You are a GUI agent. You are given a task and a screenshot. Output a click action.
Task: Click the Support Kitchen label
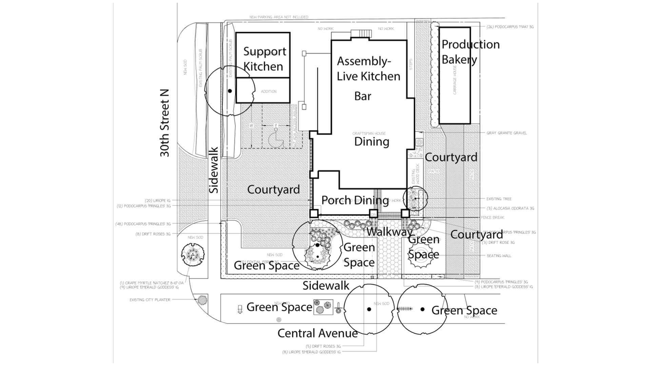click(264, 59)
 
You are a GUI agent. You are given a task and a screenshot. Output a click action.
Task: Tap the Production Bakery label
click(470, 52)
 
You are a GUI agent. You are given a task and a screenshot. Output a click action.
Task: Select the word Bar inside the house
click(362, 96)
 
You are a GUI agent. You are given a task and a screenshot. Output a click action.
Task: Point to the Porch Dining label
click(355, 200)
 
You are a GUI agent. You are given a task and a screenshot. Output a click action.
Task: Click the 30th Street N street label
click(165, 123)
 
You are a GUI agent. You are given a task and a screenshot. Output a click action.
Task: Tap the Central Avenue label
click(317, 333)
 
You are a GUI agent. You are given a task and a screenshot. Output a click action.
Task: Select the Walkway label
click(390, 232)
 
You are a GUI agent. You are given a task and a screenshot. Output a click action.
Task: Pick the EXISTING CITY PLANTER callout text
click(150, 300)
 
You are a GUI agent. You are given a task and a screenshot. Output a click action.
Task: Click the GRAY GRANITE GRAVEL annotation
click(507, 133)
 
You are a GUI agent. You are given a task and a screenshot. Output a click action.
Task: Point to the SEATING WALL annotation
click(498, 256)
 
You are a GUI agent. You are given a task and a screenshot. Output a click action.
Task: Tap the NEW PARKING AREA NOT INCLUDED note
click(279, 17)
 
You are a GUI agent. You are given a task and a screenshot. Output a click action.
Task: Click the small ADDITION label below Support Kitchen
click(269, 91)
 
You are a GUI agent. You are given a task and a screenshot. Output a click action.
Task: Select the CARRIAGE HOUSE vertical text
click(455, 80)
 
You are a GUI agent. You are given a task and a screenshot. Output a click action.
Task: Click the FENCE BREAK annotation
click(493, 218)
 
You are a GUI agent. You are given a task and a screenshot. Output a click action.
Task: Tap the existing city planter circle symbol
click(202, 300)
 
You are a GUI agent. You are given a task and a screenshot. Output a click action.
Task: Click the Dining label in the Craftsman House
click(372, 142)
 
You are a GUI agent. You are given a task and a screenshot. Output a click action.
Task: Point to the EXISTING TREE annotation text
click(499, 199)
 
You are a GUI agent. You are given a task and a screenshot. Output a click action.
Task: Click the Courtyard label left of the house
click(273, 190)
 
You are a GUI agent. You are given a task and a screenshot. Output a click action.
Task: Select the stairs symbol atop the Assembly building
click(361, 34)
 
